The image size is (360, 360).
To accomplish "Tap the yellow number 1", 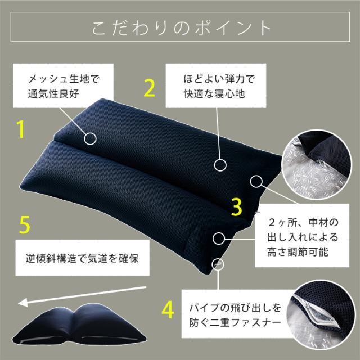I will point(20,128).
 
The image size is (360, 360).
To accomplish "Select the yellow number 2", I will point(149,88).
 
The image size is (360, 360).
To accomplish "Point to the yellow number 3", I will point(237,206).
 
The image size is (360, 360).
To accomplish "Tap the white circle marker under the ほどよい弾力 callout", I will point(219,165).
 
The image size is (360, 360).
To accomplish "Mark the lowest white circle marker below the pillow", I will point(217,263).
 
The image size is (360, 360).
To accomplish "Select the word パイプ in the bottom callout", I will point(204,309).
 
